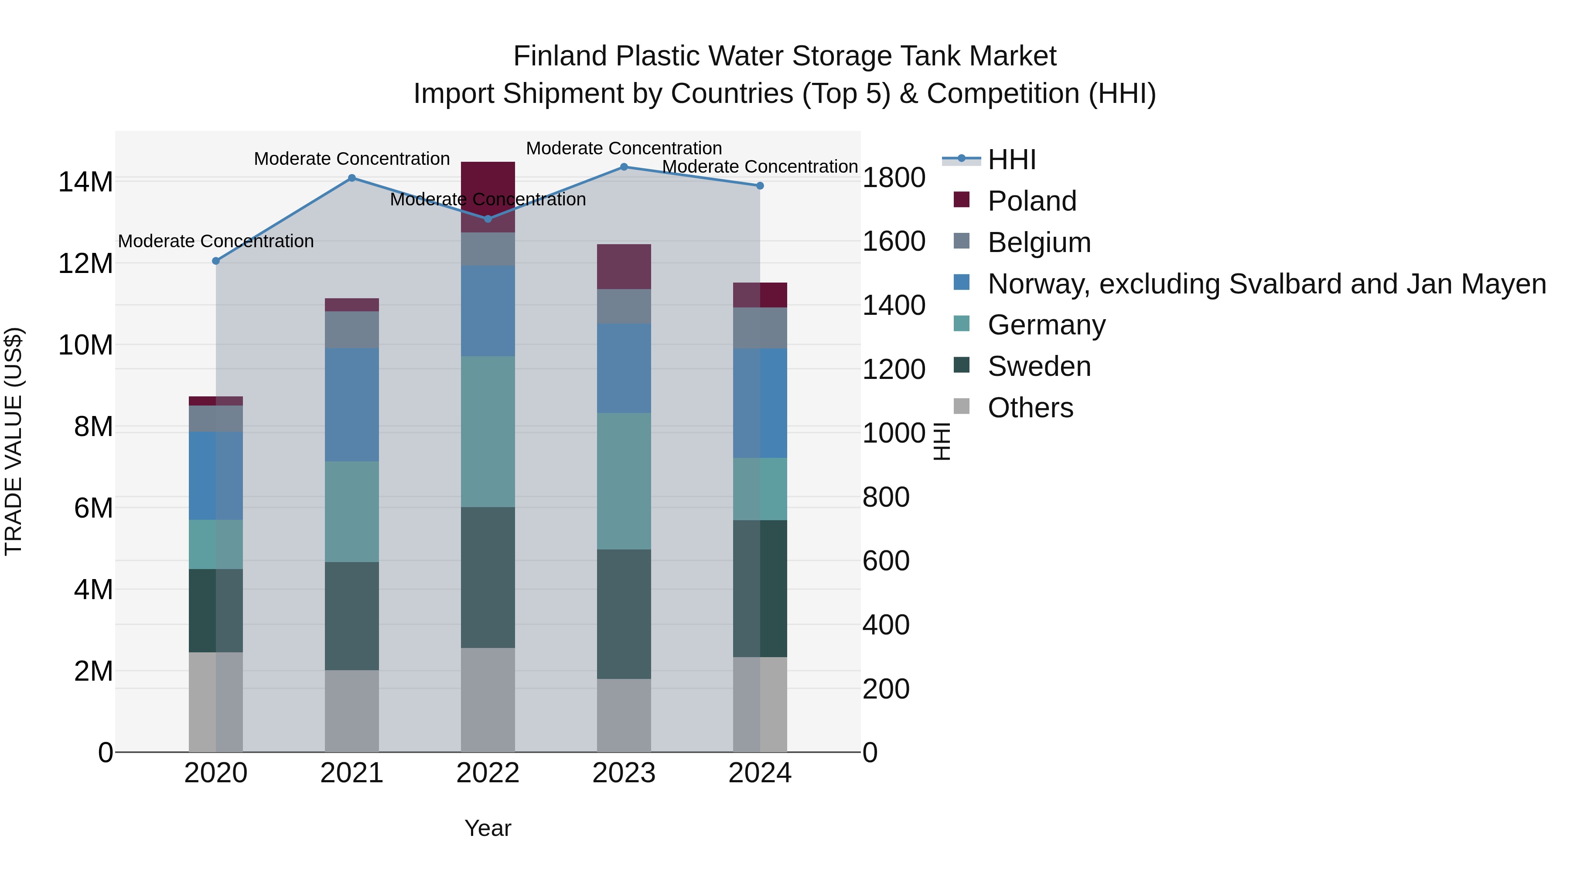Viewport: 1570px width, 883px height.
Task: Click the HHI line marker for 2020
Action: coord(216,261)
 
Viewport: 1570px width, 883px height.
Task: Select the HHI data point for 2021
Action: coord(352,178)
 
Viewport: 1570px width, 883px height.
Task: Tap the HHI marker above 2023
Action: coord(624,167)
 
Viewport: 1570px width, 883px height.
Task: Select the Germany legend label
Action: coord(1046,325)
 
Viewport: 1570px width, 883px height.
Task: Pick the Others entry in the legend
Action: coord(1030,408)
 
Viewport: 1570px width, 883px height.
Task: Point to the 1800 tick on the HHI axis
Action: coord(894,178)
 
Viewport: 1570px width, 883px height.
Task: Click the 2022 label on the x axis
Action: coord(488,773)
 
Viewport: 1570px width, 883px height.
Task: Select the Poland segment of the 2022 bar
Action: coord(488,196)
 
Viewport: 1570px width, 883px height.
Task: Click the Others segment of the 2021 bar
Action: coord(352,711)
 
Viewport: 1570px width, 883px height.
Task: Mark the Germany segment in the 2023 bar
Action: coord(624,481)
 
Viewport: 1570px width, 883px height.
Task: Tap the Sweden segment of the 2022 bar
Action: coord(488,576)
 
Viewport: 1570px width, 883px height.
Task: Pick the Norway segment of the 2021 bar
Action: coord(352,404)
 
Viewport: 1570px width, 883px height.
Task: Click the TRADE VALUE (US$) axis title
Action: coord(14,441)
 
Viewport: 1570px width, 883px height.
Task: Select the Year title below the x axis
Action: coord(488,828)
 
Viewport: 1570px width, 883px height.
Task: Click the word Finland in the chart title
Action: coord(561,56)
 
